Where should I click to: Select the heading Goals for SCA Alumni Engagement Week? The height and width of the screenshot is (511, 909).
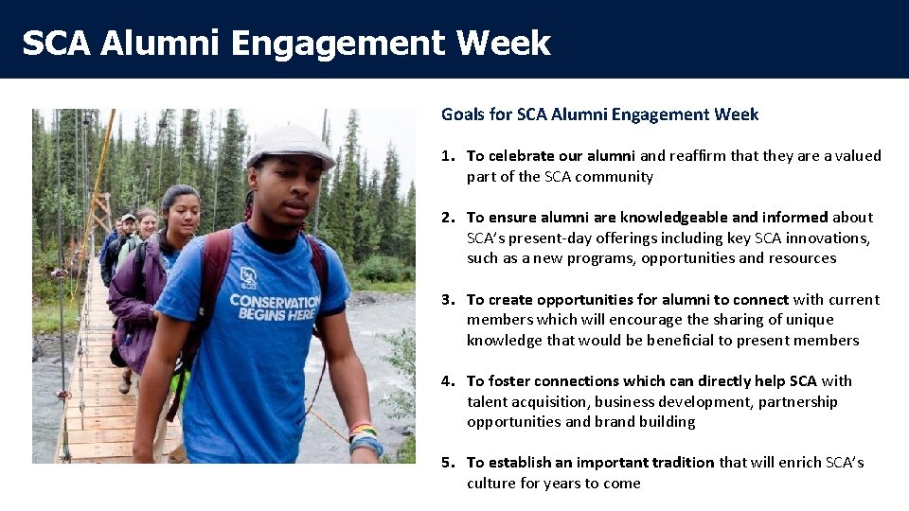click(599, 115)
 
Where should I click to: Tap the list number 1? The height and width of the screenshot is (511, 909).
click(446, 156)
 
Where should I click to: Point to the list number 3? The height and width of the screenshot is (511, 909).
click(446, 300)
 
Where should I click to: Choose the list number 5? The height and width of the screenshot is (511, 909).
click(446, 463)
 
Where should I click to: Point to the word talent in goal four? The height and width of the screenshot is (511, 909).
click(487, 402)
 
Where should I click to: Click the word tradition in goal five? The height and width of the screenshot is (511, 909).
click(678, 463)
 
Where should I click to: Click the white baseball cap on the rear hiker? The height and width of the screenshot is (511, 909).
click(128, 218)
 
